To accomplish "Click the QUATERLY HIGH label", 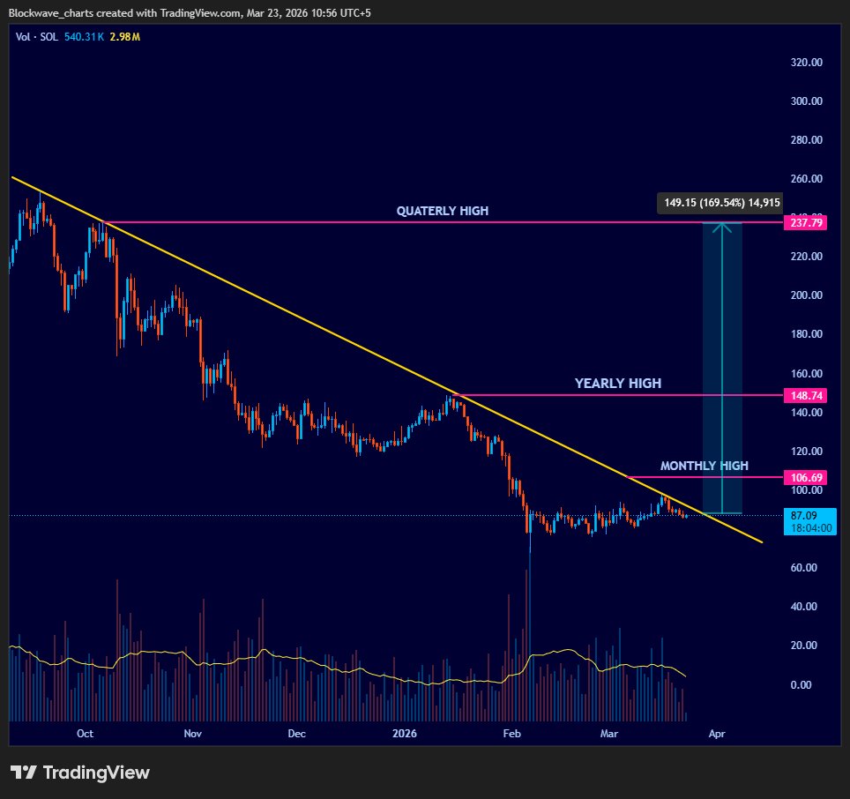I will pos(442,211).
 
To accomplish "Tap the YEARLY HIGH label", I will pos(617,384).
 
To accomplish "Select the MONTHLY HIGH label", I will pos(704,466).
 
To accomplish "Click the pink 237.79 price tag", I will pos(803,222).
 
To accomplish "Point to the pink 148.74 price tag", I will pos(803,396).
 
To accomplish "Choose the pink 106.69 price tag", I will pos(803,477).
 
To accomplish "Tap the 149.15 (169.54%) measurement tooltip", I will pos(720,203).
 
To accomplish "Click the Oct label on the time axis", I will pos(85,733).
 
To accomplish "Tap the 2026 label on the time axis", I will pos(405,733).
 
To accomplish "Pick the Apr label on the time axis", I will pos(717,733).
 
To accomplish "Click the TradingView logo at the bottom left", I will pos(80,773).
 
